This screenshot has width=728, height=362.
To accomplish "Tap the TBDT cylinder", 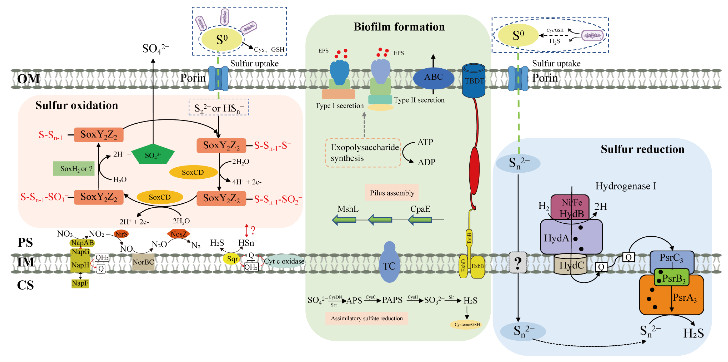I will [x=474, y=81].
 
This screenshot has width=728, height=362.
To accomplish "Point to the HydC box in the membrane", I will [x=570, y=265].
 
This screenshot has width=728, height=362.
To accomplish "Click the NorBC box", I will [x=143, y=262].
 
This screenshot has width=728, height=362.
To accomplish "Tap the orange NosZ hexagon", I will [x=179, y=234].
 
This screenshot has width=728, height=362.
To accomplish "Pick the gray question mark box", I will [x=518, y=263].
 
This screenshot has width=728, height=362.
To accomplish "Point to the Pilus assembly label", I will [x=392, y=193].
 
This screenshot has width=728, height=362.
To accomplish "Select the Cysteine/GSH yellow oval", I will [x=467, y=324].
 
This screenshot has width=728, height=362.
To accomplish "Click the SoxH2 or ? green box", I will [x=74, y=169].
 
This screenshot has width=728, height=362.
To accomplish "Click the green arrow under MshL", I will [x=344, y=220].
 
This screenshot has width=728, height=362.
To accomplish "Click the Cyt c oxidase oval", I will [x=284, y=261].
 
